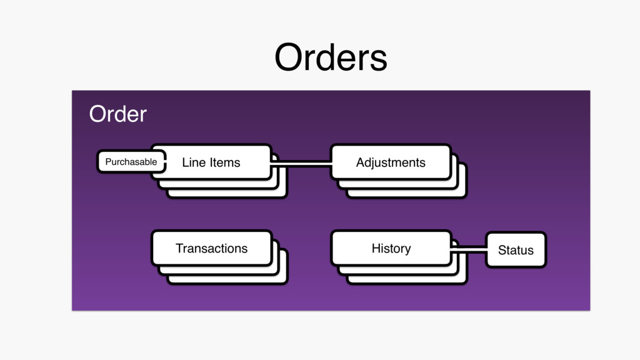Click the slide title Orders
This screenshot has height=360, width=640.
pos(331,58)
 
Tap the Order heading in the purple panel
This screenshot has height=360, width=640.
pos(117,114)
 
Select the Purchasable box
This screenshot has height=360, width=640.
pos(131,162)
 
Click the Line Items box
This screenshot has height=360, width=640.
pos(211,162)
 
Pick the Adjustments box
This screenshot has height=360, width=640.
pos(391,162)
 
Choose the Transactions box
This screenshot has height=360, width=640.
pos(211,248)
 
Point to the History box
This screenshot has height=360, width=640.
pos(391,248)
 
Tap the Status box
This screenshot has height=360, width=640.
pos(516,250)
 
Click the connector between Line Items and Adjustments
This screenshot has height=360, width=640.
pos(301,164)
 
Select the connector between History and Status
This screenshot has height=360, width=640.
pos(468,250)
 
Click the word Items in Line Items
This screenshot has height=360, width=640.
pos(225,162)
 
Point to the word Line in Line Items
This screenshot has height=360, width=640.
pos(193,162)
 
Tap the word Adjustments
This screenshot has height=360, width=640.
pos(391,162)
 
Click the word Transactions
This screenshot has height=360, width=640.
pos(211,248)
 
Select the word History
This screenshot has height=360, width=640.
pos(391,248)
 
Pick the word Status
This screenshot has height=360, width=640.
pos(516,250)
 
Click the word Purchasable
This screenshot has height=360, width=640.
pos(131,162)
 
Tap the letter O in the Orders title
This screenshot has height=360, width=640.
pos(287,58)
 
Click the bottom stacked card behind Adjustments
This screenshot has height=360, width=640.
pos(462,193)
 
